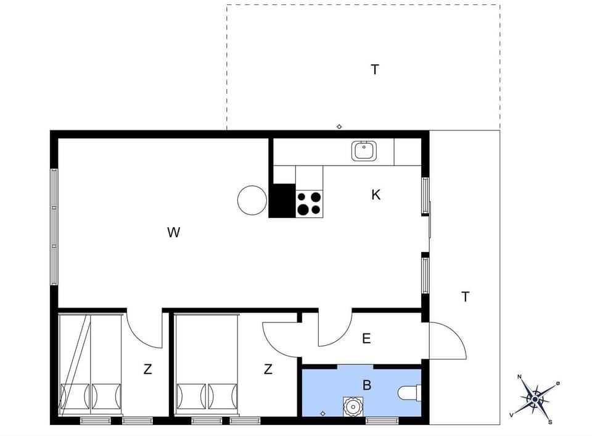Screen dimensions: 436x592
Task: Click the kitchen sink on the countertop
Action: coord(364,151)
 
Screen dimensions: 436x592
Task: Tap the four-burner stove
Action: coord(309,203)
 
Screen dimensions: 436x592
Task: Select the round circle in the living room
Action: coord(252,200)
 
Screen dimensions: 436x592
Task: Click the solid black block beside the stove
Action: coord(282,201)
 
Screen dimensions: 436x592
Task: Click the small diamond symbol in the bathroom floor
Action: coord(323,413)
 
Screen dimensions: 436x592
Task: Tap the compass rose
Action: coord(535,398)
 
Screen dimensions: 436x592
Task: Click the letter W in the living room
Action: coord(174,233)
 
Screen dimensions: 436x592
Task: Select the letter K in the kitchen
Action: coord(376,195)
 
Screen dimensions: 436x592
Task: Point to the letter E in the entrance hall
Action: coord(366,338)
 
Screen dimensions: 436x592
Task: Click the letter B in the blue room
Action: coord(367,386)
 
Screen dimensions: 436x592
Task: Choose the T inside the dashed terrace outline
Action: coord(374,70)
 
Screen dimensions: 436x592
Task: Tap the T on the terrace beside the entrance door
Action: coord(465,297)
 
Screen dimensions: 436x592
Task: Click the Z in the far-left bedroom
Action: coord(147,370)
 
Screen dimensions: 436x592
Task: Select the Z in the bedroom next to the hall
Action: coord(268,370)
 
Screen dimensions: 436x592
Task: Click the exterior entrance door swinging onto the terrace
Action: coord(447,340)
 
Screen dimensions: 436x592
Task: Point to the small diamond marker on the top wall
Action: coord(339,127)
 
